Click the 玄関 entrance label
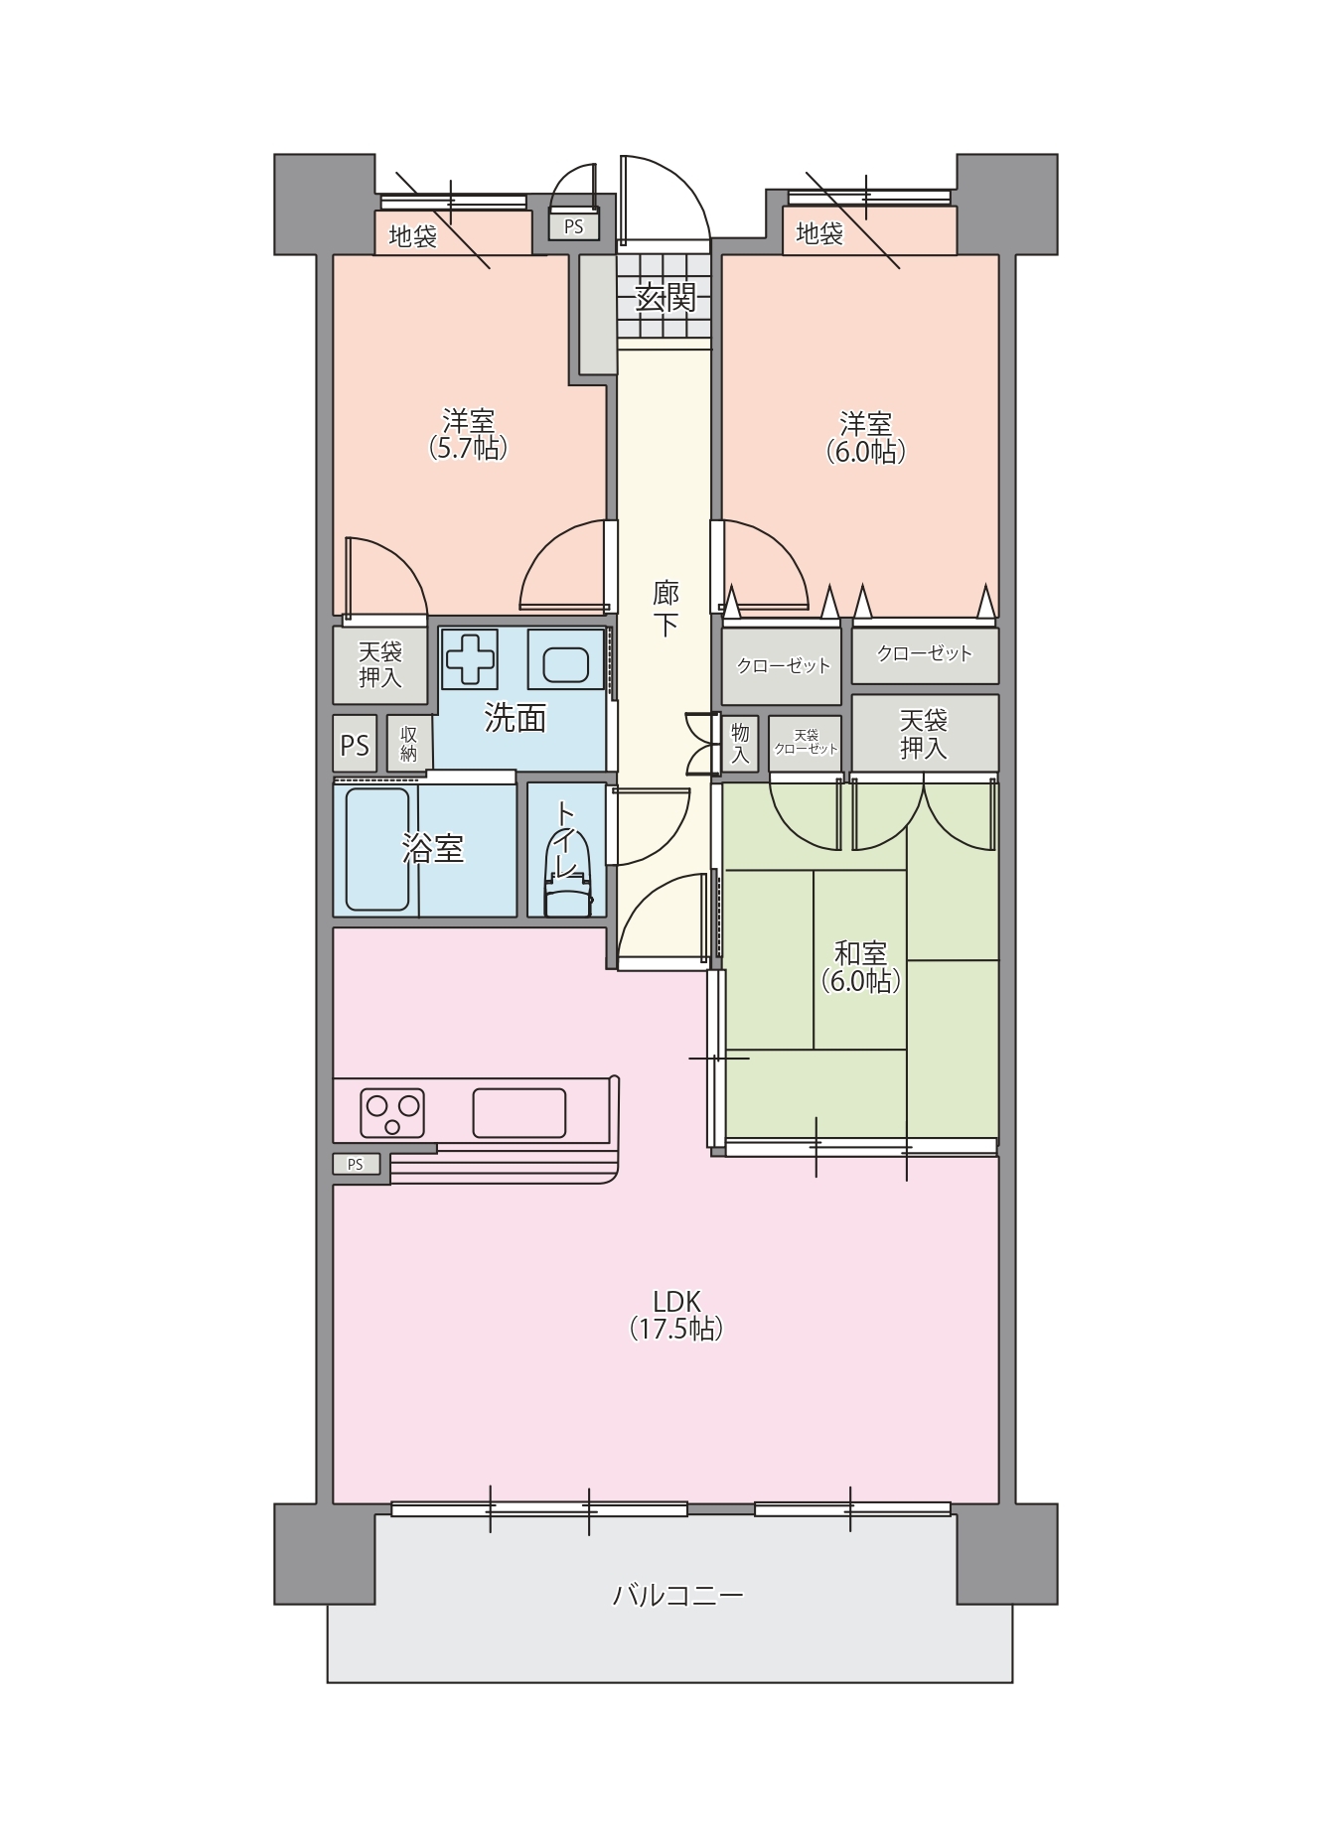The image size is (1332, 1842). click(x=666, y=297)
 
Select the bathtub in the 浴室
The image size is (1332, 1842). click(x=377, y=849)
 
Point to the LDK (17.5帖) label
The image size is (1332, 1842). click(x=676, y=1315)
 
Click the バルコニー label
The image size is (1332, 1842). click(x=677, y=1596)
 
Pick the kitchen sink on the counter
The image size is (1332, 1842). click(x=518, y=1112)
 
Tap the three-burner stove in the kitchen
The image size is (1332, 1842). click(x=392, y=1112)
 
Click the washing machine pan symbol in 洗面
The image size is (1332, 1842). click(x=471, y=658)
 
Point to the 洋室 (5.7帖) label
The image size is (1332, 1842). click(x=469, y=434)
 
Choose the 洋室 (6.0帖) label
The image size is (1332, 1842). click(x=866, y=438)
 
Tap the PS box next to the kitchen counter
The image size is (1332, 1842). click(x=356, y=1164)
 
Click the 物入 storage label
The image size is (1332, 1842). click(x=740, y=744)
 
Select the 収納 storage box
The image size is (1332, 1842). click(x=409, y=743)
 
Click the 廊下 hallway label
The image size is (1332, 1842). click(x=666, y=609)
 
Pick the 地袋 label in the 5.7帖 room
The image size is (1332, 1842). click(x=412, y=236)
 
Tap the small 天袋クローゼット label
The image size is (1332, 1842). click(x=806, y=742)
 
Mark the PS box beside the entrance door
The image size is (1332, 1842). click(x=574, y=226)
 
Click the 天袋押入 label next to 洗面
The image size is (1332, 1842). click(x=380, y=664)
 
